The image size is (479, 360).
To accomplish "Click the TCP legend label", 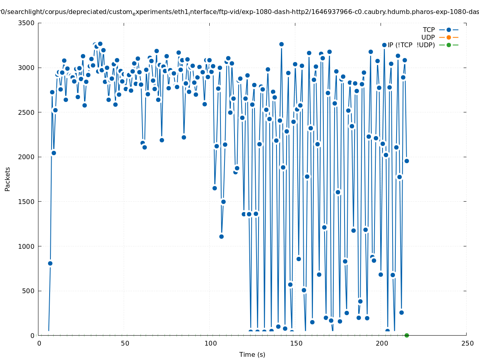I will [429, 30].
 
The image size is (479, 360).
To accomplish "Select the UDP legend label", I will [428, 37].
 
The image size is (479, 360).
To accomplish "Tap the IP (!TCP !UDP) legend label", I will [411, 45].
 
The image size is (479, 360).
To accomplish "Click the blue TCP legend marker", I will [449, 30].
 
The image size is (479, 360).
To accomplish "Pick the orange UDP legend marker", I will [449, 37].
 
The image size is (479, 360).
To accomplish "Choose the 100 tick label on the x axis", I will [210, 343].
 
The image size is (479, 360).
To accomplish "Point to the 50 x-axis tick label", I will [125, 343].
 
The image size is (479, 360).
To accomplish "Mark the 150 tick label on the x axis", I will [296, 343].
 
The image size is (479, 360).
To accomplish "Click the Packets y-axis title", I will [8, 179].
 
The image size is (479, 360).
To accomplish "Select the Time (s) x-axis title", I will [252, 354].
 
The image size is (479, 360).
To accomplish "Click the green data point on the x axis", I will [407, 335].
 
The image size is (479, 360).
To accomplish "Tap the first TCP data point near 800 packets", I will [50, 263].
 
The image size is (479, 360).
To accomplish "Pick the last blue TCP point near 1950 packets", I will [407, 161].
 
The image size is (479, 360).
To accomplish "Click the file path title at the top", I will [239, 12].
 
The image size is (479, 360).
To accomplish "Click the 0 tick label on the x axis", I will [39, 343].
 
